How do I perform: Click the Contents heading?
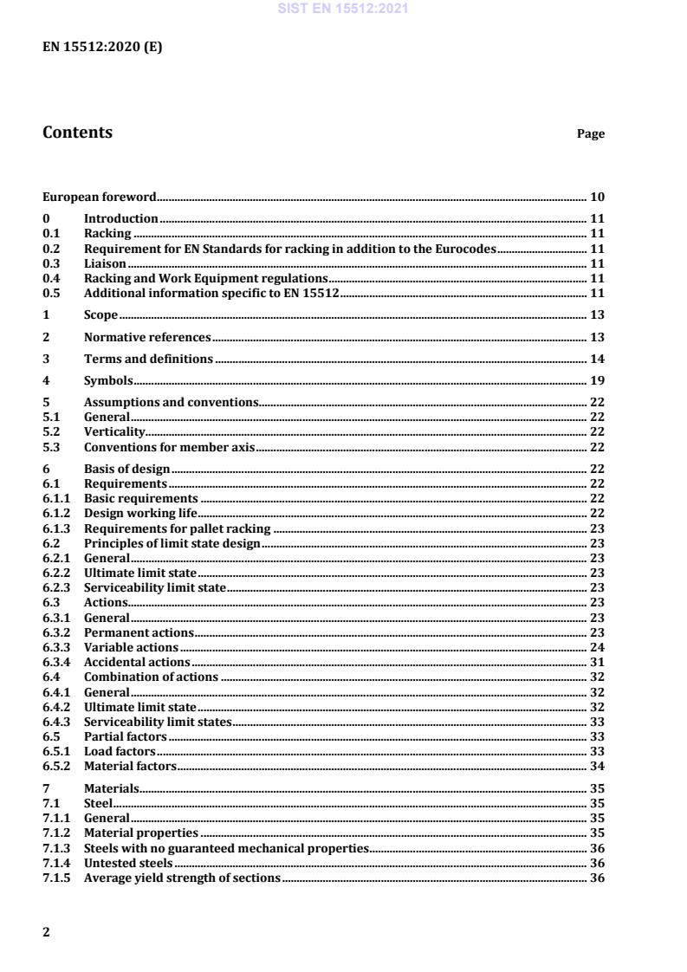(x=77, y=133)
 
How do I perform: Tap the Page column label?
(x=591, y=134)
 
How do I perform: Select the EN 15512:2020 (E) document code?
(x=102, y=48)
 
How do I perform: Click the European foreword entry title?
(x=100, y=197)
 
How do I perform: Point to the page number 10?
(x=597, y=197)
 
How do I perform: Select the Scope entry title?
(x=100, y=314)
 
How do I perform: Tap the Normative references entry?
(x=147, y=337)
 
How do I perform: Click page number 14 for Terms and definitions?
(x=597, y=359)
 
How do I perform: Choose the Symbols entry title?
(x=107, y=380)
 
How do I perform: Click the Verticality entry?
(x=114, y=431)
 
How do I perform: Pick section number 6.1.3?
(x=56, y=528)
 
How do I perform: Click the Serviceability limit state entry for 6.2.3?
(x=155, y=587)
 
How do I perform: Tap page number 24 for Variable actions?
(x=597, y=647)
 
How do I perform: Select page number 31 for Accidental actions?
(x=597, y=662)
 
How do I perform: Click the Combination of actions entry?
(x=151, y=677)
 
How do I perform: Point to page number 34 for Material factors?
(x=597, y=766)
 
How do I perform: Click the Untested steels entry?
(x=128, y=863)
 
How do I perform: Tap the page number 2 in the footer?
(x=47, y=932)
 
